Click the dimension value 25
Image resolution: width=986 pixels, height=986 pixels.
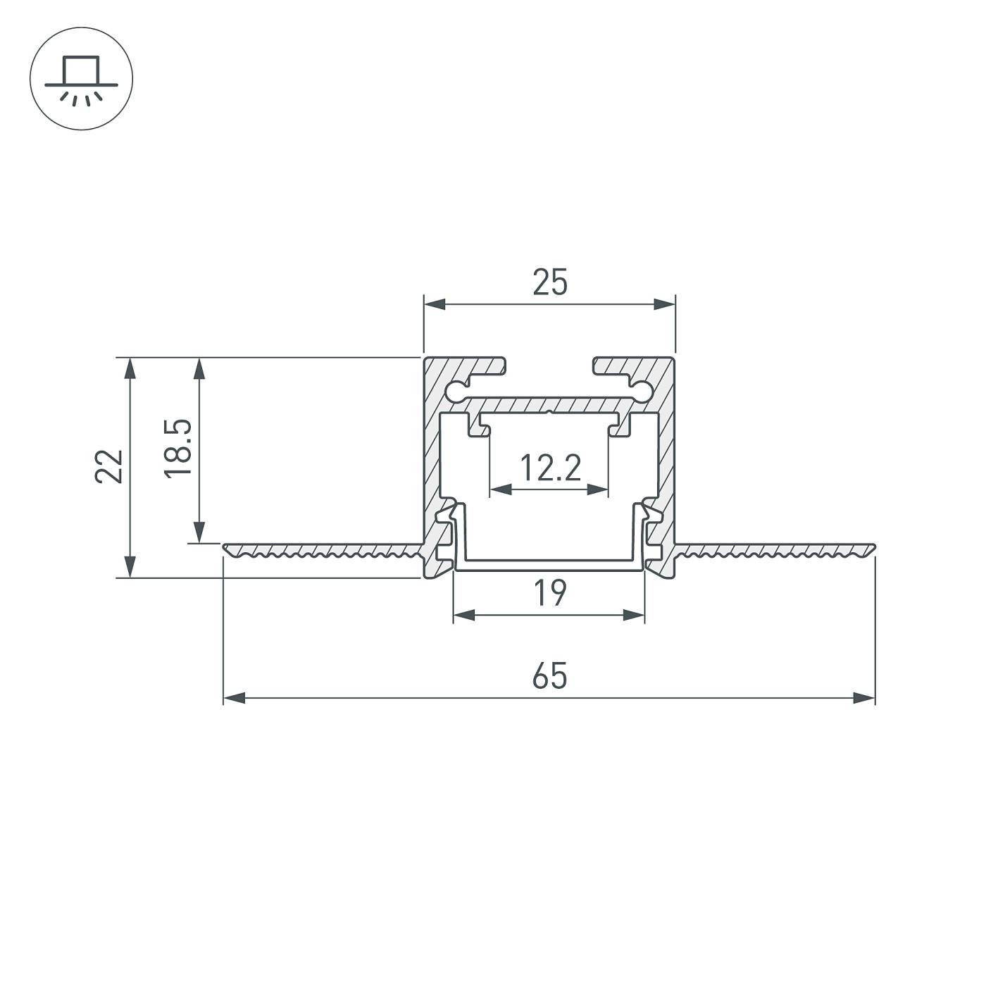click(549, 282)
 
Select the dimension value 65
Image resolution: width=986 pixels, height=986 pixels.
click(549, 676)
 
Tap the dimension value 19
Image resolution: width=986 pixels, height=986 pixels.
click(549, 593)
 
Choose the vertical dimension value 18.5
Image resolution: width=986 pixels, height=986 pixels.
click(177, 449)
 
